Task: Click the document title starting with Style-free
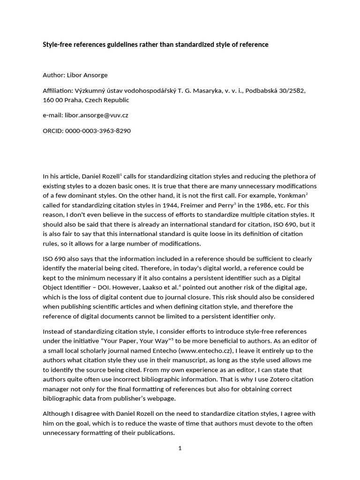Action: click(156, 45)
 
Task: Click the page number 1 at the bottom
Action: click(180, 448)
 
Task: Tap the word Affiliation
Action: click(58, 90)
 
